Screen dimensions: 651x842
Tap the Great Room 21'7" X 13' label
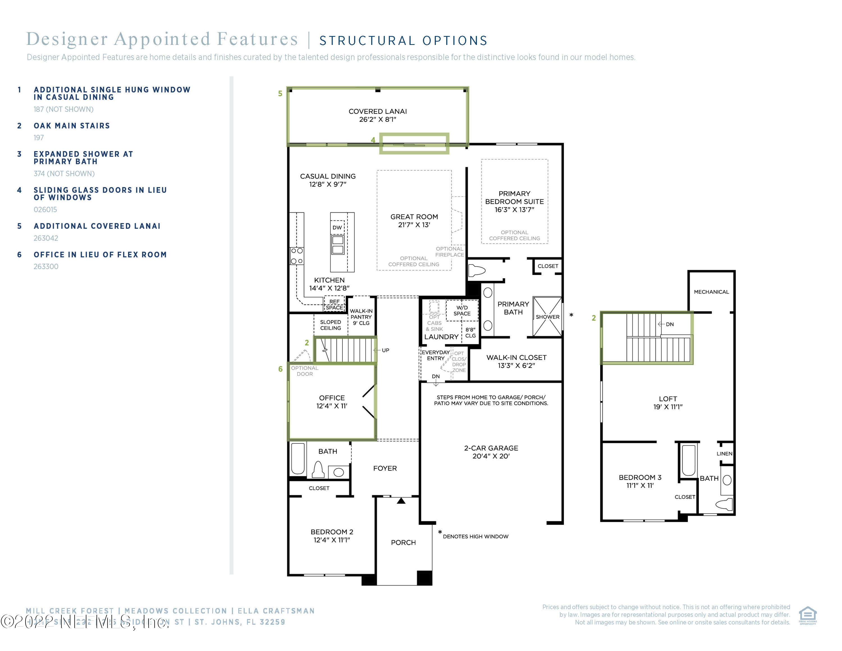pyautogui.click(x=414, y=220)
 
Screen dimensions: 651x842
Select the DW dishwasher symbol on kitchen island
pyautogui.click(x=337, y=227)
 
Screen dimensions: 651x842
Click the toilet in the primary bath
pyautogui.click(x=477, y=270)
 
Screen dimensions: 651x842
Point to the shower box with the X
pyautogui.click(x=547, y=317)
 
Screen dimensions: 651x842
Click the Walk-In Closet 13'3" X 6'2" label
pyautogui.click(x=516, y=361)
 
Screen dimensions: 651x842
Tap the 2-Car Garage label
pyautogui.click(x=491, y=452)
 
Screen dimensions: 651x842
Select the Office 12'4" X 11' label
pyautogui.click(x=331, y=402)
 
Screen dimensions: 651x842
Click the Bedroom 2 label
pyautogui.click(x=331, y=536)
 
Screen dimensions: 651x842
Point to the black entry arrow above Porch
pyautogui.click(x=401, y=501)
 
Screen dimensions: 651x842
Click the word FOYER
pyautogui.click(x=385, y=468)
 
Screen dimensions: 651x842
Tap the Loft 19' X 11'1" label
pyautogui.click(x=668, y=403)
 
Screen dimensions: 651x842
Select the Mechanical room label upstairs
pyautogui.click(x=711, y=292)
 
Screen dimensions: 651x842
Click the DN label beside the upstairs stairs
pyautogui.click(x=670, y=324)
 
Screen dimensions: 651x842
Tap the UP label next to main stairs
pyautogui.click(x=385, y=350)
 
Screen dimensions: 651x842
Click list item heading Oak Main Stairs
pyautogui.click(x=72, y=126)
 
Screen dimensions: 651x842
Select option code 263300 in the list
pyautogui.click(x=46, y=267)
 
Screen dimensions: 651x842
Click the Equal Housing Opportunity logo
pyautogui.click(x=808, y=615)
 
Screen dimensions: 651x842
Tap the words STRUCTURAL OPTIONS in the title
pyautogui.click(x=403, y=40)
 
